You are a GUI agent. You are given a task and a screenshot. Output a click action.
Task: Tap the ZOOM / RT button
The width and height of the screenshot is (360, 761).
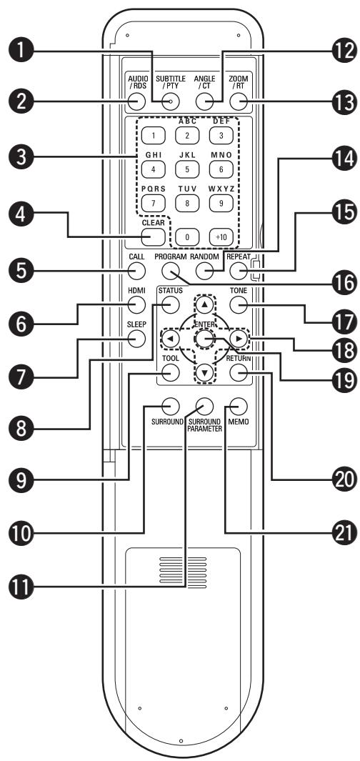239,101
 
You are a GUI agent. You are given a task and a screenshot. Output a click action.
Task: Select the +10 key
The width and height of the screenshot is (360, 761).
239,237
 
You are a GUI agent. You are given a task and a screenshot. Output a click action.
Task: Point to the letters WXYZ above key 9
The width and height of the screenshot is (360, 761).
239,189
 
